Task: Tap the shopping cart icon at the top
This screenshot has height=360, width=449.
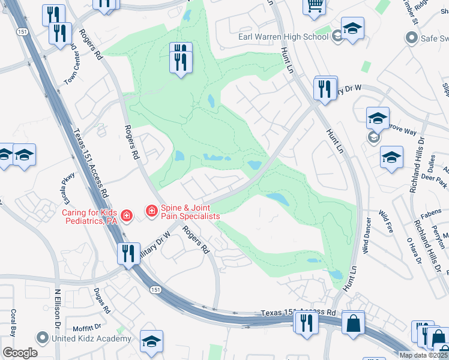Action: (x=314, y=6)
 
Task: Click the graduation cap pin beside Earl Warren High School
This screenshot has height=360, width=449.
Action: (x=352, y=28)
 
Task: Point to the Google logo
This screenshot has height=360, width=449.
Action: (x=20, y=353)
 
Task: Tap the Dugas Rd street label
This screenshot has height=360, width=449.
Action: (x=101, y=301)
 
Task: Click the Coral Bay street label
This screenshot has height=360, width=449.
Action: (x=12, y=324)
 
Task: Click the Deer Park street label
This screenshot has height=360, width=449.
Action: (x=435, y=178)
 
